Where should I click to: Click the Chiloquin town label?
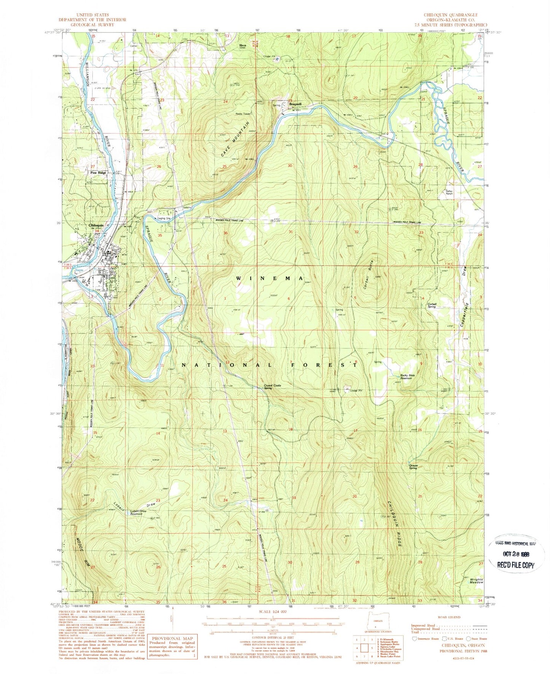click(x=96, y=225)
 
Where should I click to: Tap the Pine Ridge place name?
click(x=98, y=173)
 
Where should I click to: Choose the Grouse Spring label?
click(x=413, y=466)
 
